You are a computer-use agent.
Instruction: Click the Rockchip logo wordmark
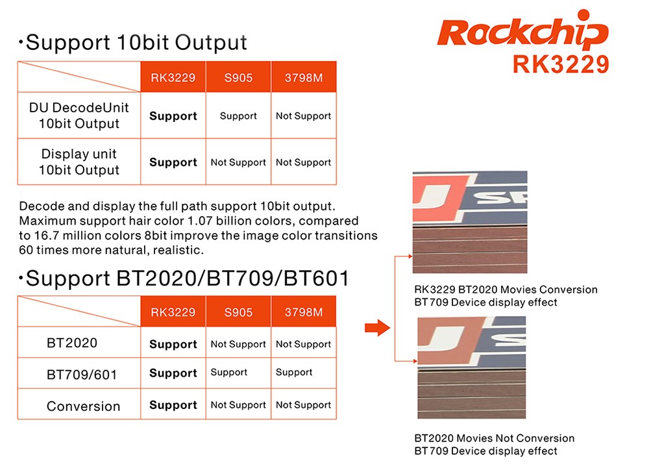coord(522,32)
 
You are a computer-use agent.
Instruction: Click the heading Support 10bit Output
coord(136,43)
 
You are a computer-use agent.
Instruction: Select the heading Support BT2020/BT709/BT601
coord(187,278)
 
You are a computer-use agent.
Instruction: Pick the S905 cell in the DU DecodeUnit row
coord(238,116)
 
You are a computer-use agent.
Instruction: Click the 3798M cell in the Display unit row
coord(303,162)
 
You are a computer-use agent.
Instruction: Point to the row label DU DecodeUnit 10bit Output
coord(79,116)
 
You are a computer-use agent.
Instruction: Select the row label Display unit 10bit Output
coord(79,162)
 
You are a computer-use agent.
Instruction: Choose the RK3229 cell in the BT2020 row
coord(173,344)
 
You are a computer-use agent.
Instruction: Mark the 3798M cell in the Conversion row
coord(303,405)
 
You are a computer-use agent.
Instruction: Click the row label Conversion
coord(83,406)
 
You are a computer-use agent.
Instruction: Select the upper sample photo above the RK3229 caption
coord(470,222)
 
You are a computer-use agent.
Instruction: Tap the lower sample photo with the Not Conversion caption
coord(471,367)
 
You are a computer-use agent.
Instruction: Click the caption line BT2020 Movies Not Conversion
coord(495,438)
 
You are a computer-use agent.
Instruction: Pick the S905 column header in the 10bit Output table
coord(238,78)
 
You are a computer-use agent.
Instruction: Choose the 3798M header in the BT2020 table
coord(303,312)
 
